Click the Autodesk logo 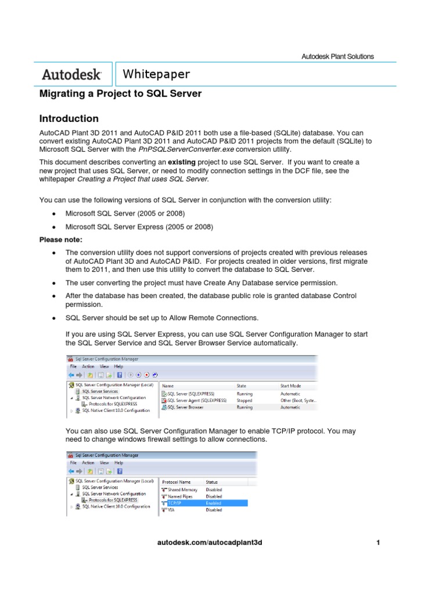(72, 75)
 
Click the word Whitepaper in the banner (157, 74)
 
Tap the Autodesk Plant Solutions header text (337, 56)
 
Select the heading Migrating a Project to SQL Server (120, 94)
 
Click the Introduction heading (69, 119)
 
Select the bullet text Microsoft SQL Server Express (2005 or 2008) (139, 227)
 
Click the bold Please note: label (61, 239)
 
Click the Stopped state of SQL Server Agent (244, 400)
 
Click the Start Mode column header (291, 385)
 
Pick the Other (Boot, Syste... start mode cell (298, 400)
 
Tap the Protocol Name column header (176, 482)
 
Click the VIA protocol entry (171, 510)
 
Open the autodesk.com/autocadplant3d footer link (210, 542)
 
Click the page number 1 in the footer (377, 542)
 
